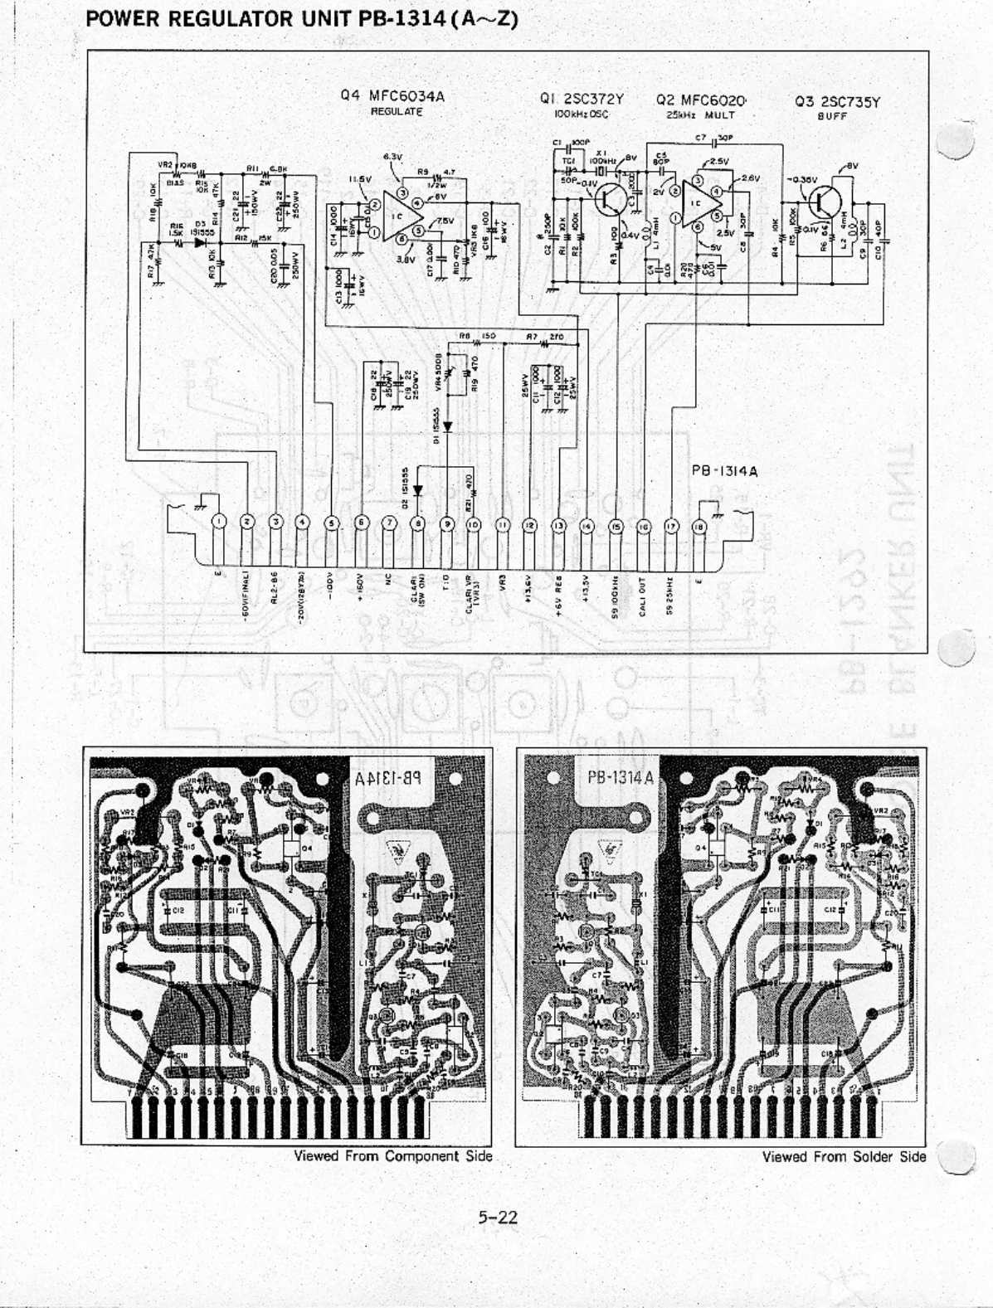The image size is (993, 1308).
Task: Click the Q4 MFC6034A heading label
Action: tap(392, 95)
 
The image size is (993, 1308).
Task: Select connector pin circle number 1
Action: tap(219, 522)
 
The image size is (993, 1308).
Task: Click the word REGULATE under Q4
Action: tap(397, 111)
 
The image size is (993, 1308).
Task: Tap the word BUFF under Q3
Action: tap(830, 116)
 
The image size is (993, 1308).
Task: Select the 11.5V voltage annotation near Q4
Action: tap(360, 178)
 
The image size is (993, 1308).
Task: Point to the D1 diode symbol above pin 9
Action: tap(447, 426)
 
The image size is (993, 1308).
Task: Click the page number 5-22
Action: tap(497, 1218)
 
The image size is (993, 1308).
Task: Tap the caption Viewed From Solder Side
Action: tap(844, 1156)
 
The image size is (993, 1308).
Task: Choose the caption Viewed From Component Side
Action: tap(393, 1156)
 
